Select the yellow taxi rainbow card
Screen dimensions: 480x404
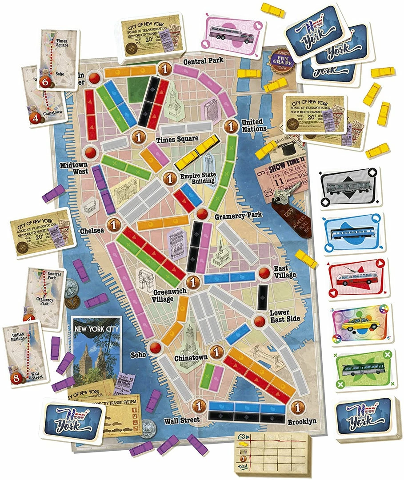point(355,323)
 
